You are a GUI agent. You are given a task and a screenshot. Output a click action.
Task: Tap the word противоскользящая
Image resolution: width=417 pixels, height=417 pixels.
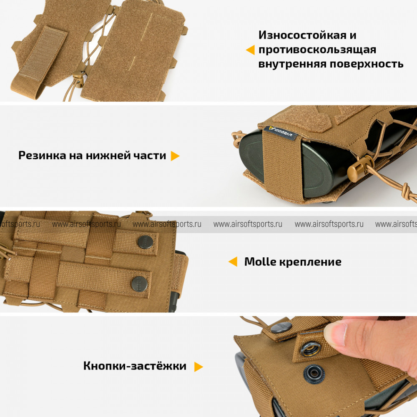click(x=317, y=50)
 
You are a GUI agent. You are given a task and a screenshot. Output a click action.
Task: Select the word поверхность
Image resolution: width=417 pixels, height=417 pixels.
click(x=367, y=64)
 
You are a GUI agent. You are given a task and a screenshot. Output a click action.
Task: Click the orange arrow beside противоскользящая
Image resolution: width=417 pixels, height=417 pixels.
click(x=250, y=50)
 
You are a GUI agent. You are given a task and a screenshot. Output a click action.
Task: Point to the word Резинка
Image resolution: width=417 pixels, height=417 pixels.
click(x=42, y=155)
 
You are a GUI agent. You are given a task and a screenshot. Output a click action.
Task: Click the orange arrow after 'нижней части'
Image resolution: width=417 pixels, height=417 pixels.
click(x=175, y=156)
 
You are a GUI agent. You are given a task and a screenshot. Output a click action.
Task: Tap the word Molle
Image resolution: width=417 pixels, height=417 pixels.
click(x=260, y=262)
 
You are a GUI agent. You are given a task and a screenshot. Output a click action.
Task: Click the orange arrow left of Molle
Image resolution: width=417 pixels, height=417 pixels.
click(x=233, y=262)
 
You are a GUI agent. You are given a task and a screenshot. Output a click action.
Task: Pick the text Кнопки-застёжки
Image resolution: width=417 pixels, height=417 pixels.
click(x=135, y=366)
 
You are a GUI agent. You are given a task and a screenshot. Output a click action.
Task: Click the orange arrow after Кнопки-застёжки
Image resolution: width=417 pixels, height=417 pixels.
click(x=198, y=367)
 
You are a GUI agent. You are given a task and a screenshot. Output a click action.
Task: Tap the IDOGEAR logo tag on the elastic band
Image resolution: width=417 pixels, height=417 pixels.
click(x=281, y=132)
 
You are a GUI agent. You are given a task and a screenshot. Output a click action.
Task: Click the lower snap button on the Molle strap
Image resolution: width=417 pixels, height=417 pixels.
click(x=140, y=284)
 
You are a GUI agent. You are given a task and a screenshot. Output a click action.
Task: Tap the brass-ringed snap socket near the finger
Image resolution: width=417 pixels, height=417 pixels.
click(x=310, y=349)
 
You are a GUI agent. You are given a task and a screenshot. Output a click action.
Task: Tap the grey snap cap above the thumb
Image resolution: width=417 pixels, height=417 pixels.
click(x=281, y=327)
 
